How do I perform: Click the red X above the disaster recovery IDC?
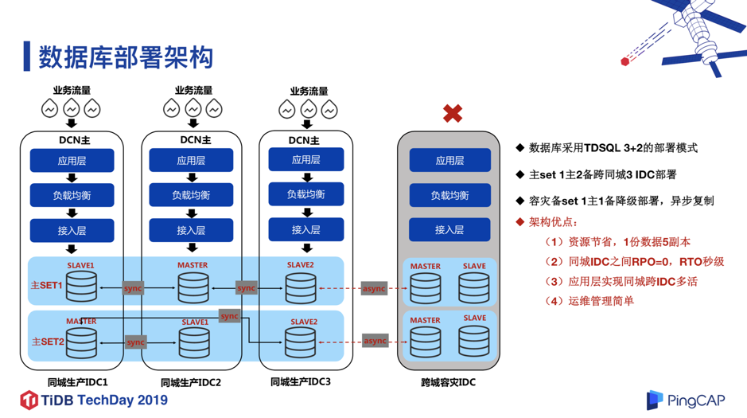coord(453,113)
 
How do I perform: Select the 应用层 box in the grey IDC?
coord(449,160)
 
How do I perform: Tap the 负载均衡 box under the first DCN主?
coord(72,195)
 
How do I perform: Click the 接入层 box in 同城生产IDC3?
coord(305,230)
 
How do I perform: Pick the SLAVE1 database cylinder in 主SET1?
coord(81,287)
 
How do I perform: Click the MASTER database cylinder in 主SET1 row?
coord(193,287)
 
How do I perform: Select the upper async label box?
coord(374,288)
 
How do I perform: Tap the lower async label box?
coord(375,341)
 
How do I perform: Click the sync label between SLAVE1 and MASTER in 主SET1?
coord(133,288)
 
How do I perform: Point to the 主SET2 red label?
coord(48,342)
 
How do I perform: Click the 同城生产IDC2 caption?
coord(191,382)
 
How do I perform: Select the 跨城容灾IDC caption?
coord(449,382)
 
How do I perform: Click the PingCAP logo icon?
coord(654,400)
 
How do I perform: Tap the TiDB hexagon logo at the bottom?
coord(29,400)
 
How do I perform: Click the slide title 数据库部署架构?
coord(126,57)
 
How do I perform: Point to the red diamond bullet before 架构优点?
coord(519,221)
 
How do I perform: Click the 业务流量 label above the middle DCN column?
coord(193,90)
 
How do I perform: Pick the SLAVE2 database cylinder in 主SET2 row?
coord(300,342)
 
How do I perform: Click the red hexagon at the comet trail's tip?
coord(625,61)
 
